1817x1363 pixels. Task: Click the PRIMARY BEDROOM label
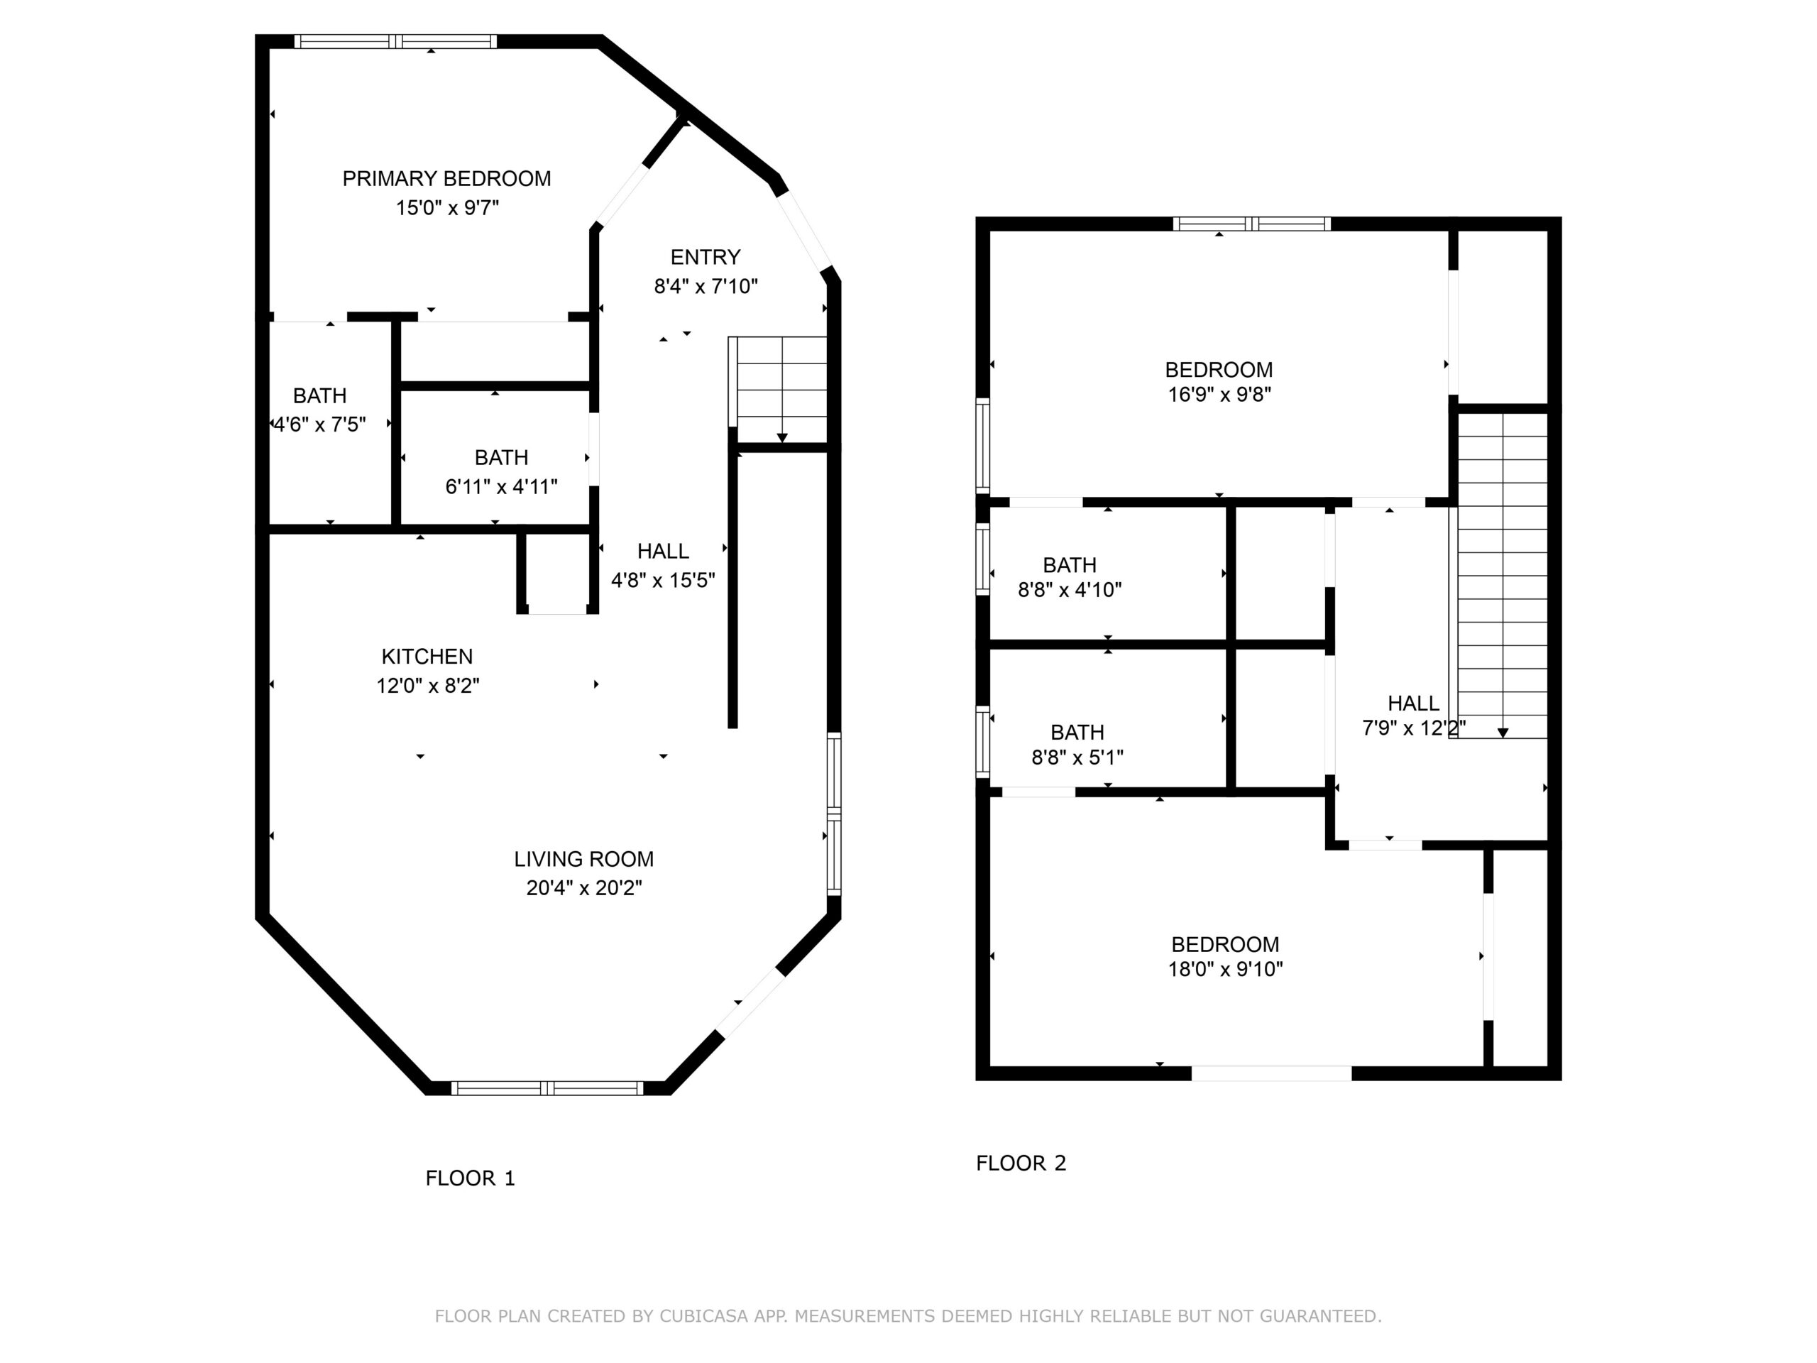[x=446, y=178]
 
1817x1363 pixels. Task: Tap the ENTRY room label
[x=705, y=257]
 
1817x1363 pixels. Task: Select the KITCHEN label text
[x=427, y=657]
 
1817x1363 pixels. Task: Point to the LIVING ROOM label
[x=584, y=860]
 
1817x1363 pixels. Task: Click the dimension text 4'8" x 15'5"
[x=663, y=580]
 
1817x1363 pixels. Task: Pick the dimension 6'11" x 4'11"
[x=501, y=486]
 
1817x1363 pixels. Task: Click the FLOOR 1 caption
[x=470, y=1178]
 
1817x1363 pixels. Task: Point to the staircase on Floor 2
[x=1498, y=575]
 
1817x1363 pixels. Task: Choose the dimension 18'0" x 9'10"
[x=1226, y=970]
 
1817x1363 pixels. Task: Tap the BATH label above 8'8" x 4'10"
[x=1070, y=565]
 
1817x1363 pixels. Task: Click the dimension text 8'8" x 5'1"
[x=1077, y=757]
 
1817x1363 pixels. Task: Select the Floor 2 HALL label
[x=1413, y=704]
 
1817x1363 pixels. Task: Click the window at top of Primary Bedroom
[x=396, y=41]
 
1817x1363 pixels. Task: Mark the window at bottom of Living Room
[x=548, y=1088]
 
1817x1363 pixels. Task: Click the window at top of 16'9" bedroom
[x=1252, y=224]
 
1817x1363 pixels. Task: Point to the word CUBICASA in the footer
[x=704, y=1316]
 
